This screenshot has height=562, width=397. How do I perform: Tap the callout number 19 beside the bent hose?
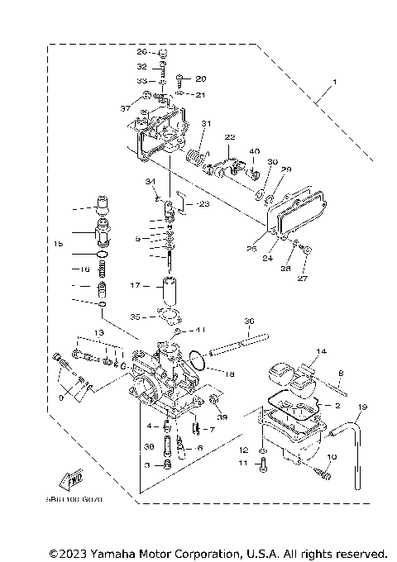pos(361,407)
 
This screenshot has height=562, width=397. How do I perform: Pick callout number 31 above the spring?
pos(206,125)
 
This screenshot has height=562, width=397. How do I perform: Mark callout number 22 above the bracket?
pos(230,136)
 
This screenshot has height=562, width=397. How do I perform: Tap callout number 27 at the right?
pos(302,279)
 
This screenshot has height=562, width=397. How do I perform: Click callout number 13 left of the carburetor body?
pos(99,332)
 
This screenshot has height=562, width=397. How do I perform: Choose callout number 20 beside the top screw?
pos(200,79)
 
